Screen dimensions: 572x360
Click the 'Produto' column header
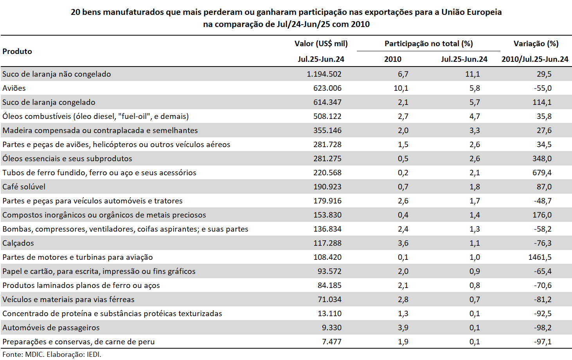[17, 51]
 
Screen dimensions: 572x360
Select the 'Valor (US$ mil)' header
[321, 44]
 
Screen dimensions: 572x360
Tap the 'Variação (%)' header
[536, 44]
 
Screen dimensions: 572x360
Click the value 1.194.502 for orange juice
[324, 74]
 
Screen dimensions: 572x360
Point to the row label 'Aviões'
[14, 88]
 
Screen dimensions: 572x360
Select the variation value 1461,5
[540, 257]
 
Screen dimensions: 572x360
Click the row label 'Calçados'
[18, 243]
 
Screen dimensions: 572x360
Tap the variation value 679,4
[541, 173]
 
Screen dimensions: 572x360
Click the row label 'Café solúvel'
[24, 187]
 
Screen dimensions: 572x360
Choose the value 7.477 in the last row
[331, 342]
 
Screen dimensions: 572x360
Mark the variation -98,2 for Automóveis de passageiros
[542, 328]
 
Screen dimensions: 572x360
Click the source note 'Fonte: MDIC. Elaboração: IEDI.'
[52, 355]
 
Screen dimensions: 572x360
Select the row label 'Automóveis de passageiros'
[51, 328]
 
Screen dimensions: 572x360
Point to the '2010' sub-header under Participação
[393, 59]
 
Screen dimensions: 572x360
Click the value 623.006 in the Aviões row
[327, 88]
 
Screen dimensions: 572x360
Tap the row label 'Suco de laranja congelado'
[49, 103]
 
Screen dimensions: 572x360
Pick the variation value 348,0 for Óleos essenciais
[541, 158]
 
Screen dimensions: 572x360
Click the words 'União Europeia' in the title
[471, 12]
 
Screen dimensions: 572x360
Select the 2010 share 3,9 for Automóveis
[403, 328]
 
